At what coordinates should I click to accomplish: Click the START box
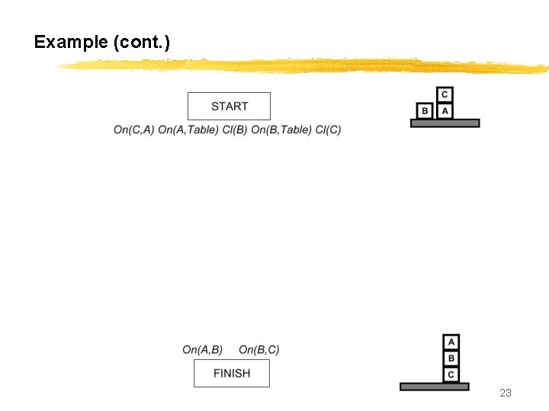point(229,107)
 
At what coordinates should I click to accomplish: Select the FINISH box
point(231,374)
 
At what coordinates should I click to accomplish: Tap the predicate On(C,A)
point(133,129)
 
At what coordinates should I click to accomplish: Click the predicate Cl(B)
point(234,129)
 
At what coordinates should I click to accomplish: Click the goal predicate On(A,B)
point(203,350)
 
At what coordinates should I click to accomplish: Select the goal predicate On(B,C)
point(259,350)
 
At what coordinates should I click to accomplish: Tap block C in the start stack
point(445,95)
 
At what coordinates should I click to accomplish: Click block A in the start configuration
point(445,111)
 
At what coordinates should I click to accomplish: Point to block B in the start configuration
point(425,111)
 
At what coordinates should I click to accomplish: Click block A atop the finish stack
point(451,342)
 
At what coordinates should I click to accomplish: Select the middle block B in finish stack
point(451,358)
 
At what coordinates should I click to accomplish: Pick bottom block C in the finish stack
point(451,374)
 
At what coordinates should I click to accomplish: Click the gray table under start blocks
point(445,123)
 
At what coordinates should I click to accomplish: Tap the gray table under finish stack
point(435,387)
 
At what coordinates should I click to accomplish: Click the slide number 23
point(505,393)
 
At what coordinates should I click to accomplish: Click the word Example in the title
point(71,42)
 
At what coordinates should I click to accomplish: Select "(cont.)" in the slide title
point(141,42)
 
